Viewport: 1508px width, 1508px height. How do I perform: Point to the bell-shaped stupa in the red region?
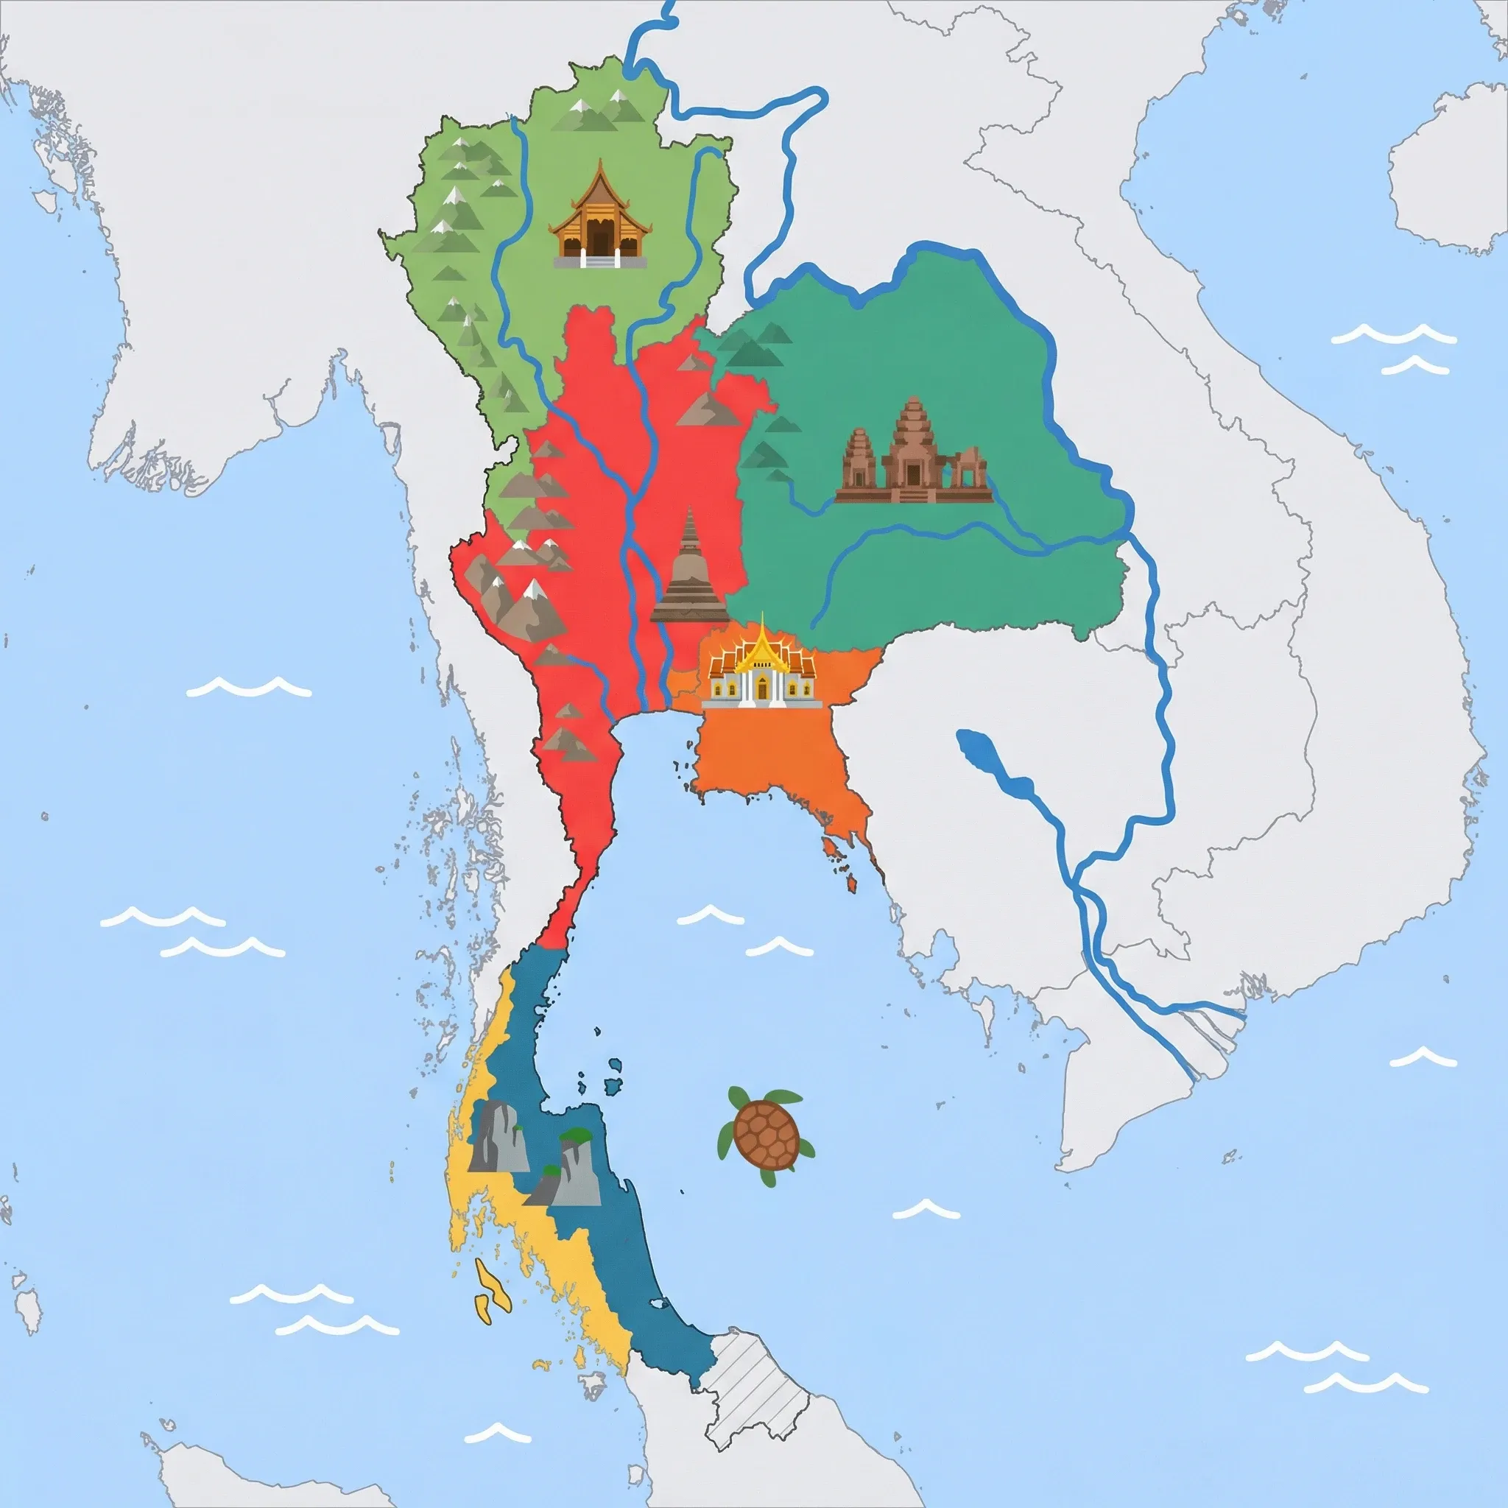tap(690, 574)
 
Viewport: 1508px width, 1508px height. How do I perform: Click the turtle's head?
tap(738, 1096)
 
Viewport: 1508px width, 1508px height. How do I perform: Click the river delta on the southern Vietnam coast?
tap(1202, 1038)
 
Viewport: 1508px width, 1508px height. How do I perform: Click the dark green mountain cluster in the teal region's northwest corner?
tap(753, 348)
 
